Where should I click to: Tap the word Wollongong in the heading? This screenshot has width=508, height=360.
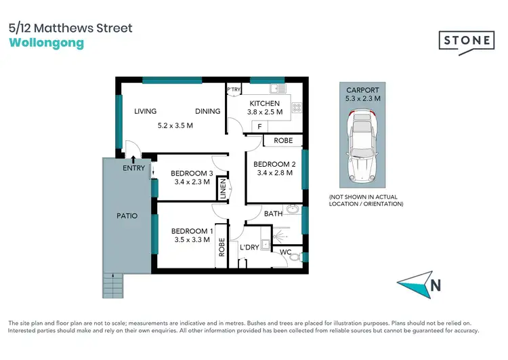click(47, 43)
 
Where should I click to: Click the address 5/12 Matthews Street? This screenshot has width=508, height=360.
click(71, 28)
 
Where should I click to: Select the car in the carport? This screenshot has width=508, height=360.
click(363, 149)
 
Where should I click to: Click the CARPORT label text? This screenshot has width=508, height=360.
click(363, 90)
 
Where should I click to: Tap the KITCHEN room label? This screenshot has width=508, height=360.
click(264, 104)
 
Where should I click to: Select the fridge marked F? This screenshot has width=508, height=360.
click(259, 127)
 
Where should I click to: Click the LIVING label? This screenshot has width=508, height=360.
click(145, 111)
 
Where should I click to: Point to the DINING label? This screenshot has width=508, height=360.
click(207, 111)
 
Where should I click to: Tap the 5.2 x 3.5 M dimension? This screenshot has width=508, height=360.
click(175, 125)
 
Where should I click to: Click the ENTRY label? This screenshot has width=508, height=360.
click(133, 168)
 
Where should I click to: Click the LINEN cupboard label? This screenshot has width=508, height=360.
click(221, 189)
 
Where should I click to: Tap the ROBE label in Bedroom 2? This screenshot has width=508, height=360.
click(283, 141)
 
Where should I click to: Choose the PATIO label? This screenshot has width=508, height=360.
click(127, 216)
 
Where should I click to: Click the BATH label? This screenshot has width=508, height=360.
click(273, 214)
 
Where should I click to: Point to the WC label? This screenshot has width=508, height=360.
click(286, 253)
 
